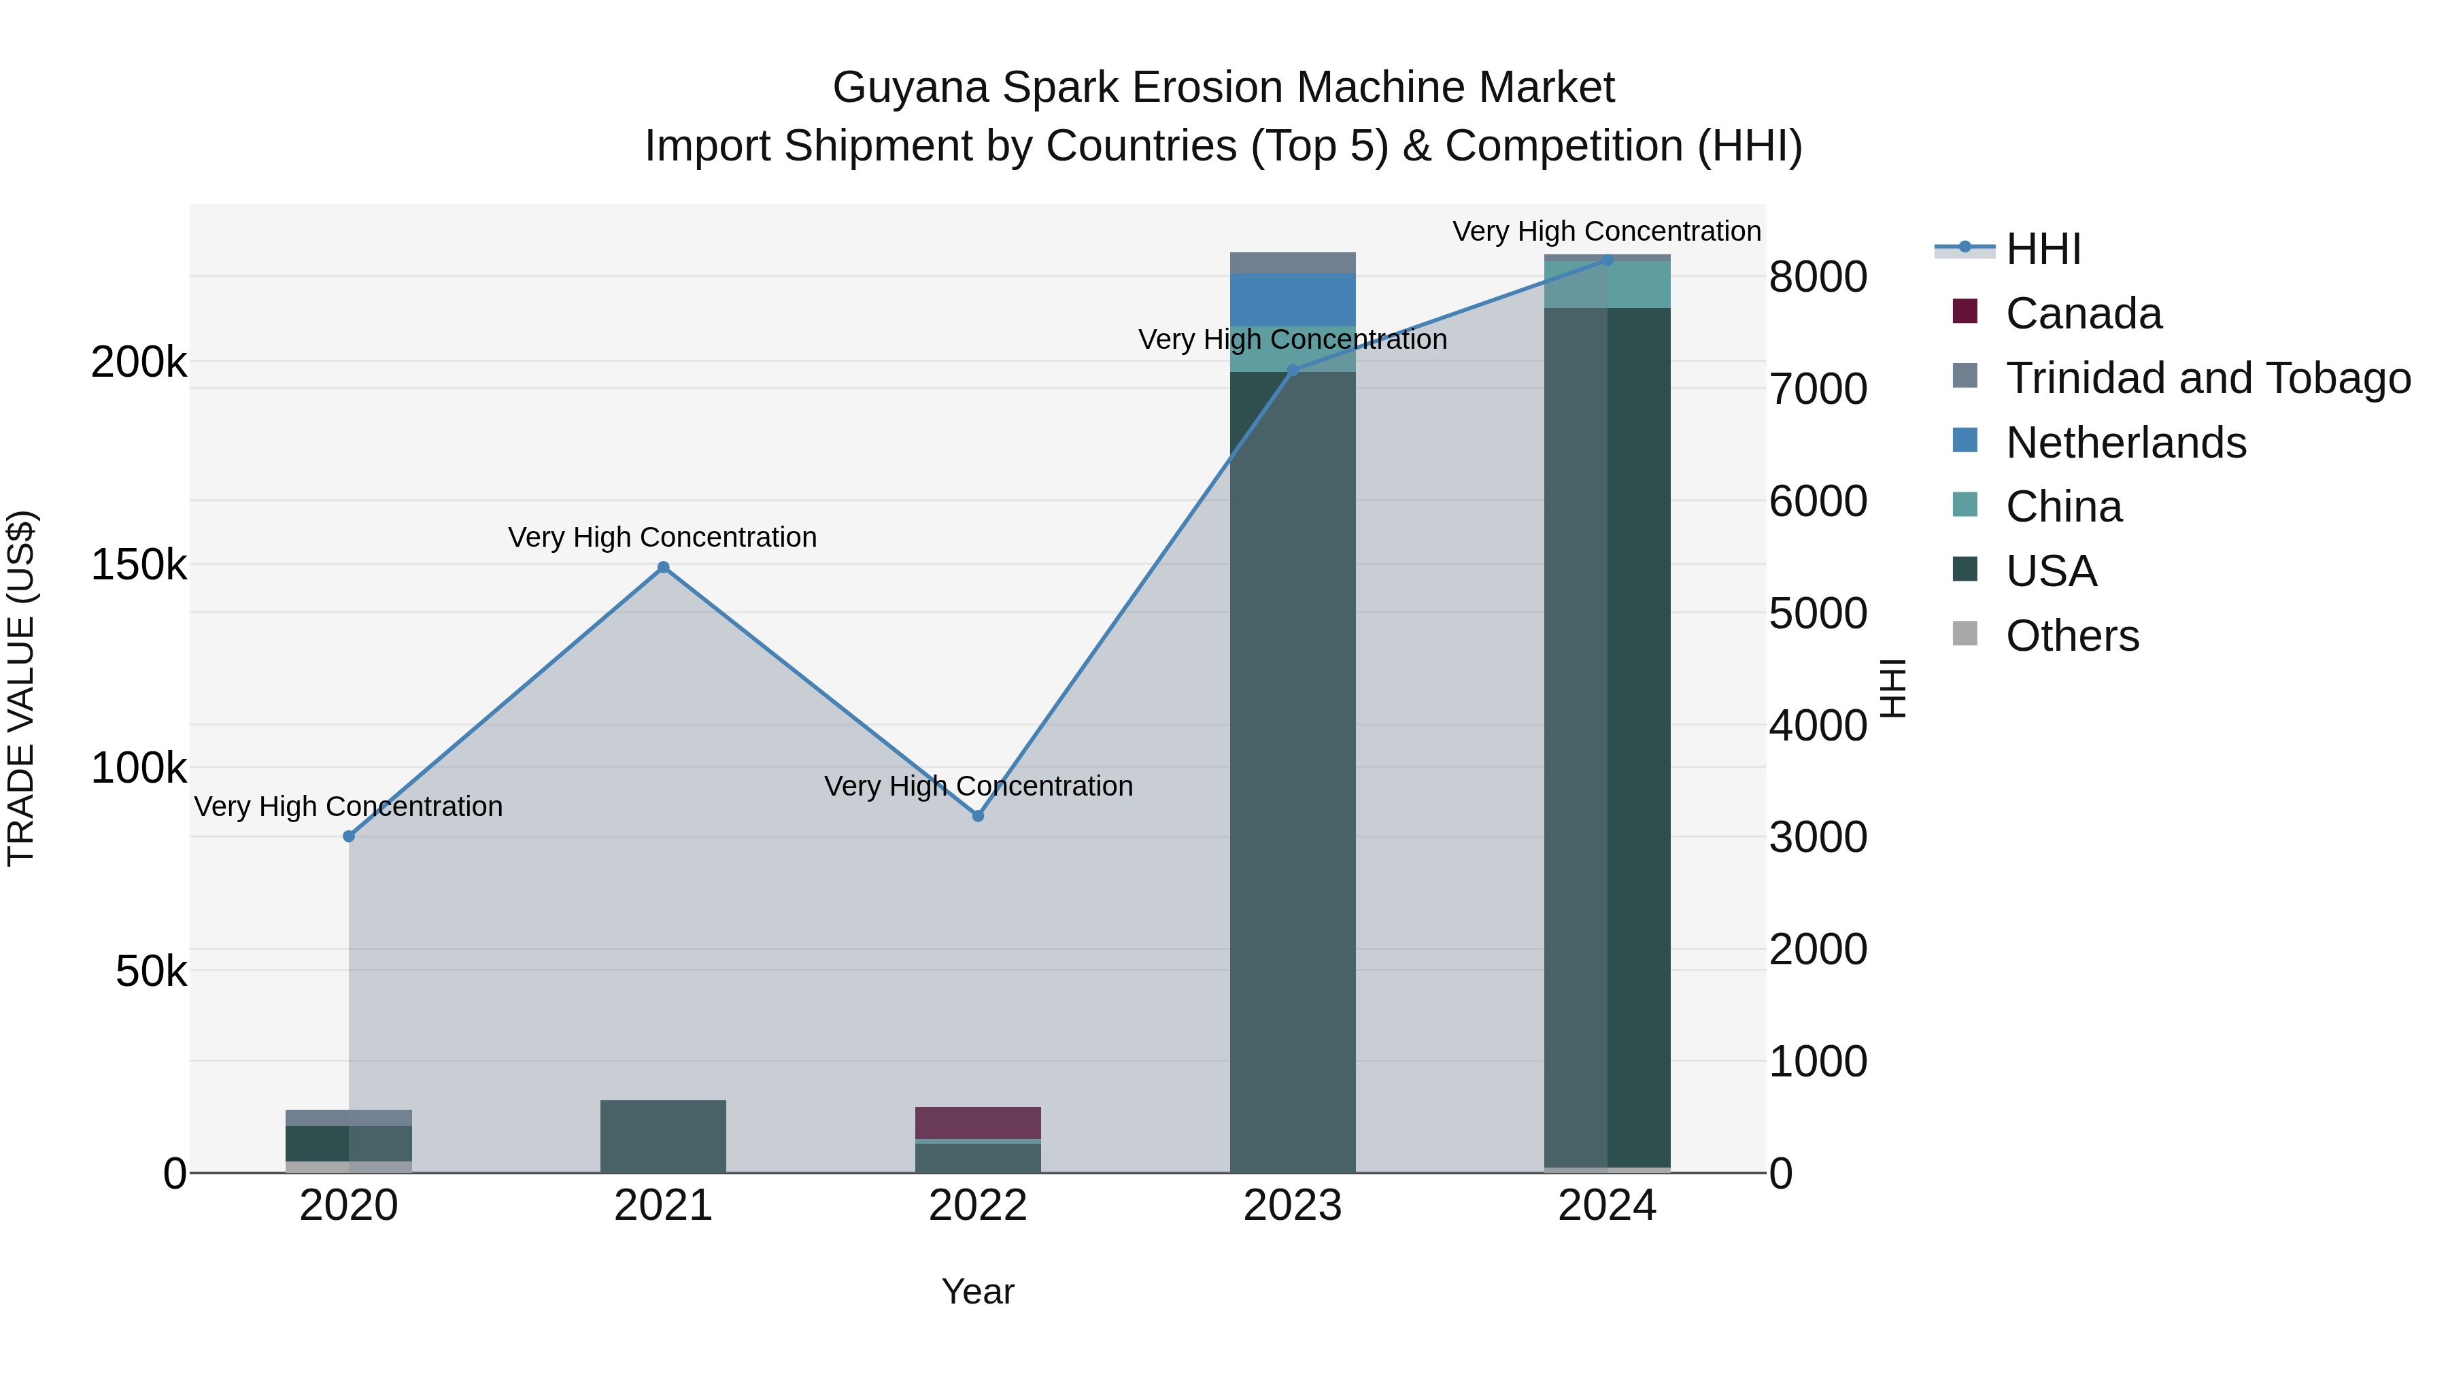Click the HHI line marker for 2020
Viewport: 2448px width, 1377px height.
pyautogui.click(x=349, y=836)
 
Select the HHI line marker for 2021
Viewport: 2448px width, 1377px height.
pyautogui.click(x=663, y=567)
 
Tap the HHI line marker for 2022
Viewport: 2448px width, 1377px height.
pyautogui.click(x=978, y=815)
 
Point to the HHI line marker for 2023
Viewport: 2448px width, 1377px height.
pyautogui.click(x=1293, y=370)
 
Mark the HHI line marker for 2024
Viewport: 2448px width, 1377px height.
pyautogui.click(x=1607, y=260)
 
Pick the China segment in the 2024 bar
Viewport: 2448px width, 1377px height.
pyautogui.click(x=1607, y=284)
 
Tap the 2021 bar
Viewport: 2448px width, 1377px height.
pyautogui.click(x=663, y=1136)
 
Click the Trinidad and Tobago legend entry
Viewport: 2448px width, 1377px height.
pyautogui.click(x=2207, y=378)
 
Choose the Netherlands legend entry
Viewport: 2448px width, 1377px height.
pyautogui.click(x=2126, y=443)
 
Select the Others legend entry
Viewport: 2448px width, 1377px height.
pyautogui.click(x=2072, y=636)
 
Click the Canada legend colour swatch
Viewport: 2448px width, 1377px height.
pyautogui.click(x=1965, y=311)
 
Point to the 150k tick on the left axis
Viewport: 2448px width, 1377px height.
pyautogui.click(x=139, y=564)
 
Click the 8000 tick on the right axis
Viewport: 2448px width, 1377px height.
pyautogui.click(x=1818, y=277)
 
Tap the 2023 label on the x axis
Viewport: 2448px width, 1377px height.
pyautogui.click(x=1293, y=1206)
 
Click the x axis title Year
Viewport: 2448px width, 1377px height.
pyautogui.click(x=978, y=1291)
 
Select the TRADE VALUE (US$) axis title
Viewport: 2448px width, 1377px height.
pyautogui.click(x=21, y=688)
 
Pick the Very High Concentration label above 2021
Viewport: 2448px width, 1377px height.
pyautogui.click(x=662, y=537)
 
